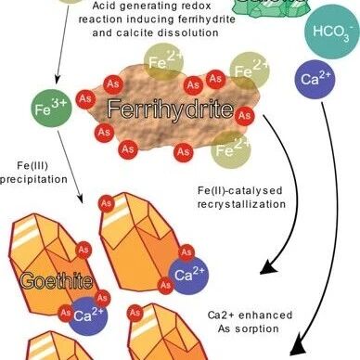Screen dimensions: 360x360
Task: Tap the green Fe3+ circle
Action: point(51,109)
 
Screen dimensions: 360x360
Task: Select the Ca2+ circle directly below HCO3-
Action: point(315,80)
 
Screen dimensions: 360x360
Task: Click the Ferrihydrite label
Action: point(170,109)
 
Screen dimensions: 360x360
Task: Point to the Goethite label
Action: point(57,281)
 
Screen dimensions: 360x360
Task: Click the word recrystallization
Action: point(241,204)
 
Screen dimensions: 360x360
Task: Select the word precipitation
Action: point(33,179)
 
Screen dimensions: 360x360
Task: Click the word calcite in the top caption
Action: point(135,32)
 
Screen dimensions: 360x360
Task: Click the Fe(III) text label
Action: point(32,166)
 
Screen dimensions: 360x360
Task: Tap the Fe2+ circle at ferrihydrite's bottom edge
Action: point(231,149)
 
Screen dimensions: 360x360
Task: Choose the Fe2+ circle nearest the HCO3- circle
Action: point(250,71)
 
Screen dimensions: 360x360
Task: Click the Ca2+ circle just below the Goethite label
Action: point(88,315)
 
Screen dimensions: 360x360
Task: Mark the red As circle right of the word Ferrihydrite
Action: point(245,116)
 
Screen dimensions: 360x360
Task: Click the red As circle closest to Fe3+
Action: point(85,99)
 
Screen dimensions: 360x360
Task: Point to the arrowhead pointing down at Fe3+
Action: point(58,80)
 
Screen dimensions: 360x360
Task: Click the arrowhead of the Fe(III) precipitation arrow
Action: point(80,199)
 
